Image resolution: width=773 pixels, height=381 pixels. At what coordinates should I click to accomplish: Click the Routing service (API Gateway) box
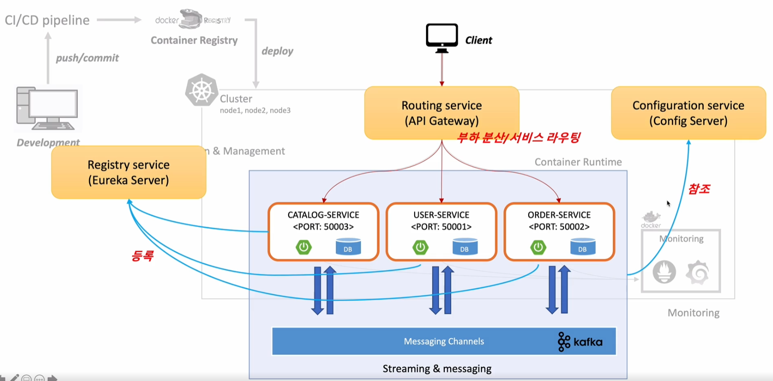[441, 113]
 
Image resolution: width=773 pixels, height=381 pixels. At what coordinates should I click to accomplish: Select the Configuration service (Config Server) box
[688, 113]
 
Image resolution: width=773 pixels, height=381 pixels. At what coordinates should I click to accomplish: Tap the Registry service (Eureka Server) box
[128, 172]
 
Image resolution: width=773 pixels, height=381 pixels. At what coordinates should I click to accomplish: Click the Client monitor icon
[442, 37]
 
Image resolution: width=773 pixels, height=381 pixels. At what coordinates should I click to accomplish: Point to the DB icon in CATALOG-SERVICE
[348, 247]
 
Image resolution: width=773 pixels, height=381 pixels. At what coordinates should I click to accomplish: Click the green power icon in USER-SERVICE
[420, 247]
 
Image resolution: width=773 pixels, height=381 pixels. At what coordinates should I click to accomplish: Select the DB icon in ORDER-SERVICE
[582, 247]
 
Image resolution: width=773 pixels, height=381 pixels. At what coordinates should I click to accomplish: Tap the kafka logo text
[587, 342]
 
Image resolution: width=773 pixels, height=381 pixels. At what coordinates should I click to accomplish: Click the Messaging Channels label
[443, 341]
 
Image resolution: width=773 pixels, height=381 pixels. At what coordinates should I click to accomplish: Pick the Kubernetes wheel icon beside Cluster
[201, 90]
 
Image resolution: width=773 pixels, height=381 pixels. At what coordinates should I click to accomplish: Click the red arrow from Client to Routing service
[442, 70]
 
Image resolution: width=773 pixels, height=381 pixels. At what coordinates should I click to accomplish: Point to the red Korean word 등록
[142, 255]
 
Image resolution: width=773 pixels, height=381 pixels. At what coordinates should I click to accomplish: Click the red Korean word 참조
[699, 189]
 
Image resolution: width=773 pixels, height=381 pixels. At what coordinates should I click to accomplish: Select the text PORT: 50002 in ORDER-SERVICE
[559, 227]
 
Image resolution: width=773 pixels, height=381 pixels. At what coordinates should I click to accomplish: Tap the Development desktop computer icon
[47, 108]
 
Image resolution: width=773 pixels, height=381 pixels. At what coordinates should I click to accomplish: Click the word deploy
[277, 51]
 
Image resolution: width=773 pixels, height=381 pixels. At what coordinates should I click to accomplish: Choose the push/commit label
[87, 58]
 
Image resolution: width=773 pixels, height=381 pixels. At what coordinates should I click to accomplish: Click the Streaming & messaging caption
[436, 369]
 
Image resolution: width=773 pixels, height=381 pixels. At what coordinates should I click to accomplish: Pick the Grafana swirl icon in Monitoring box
[697, 272]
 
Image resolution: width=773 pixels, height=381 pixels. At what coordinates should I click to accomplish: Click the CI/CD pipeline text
[47, 20]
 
